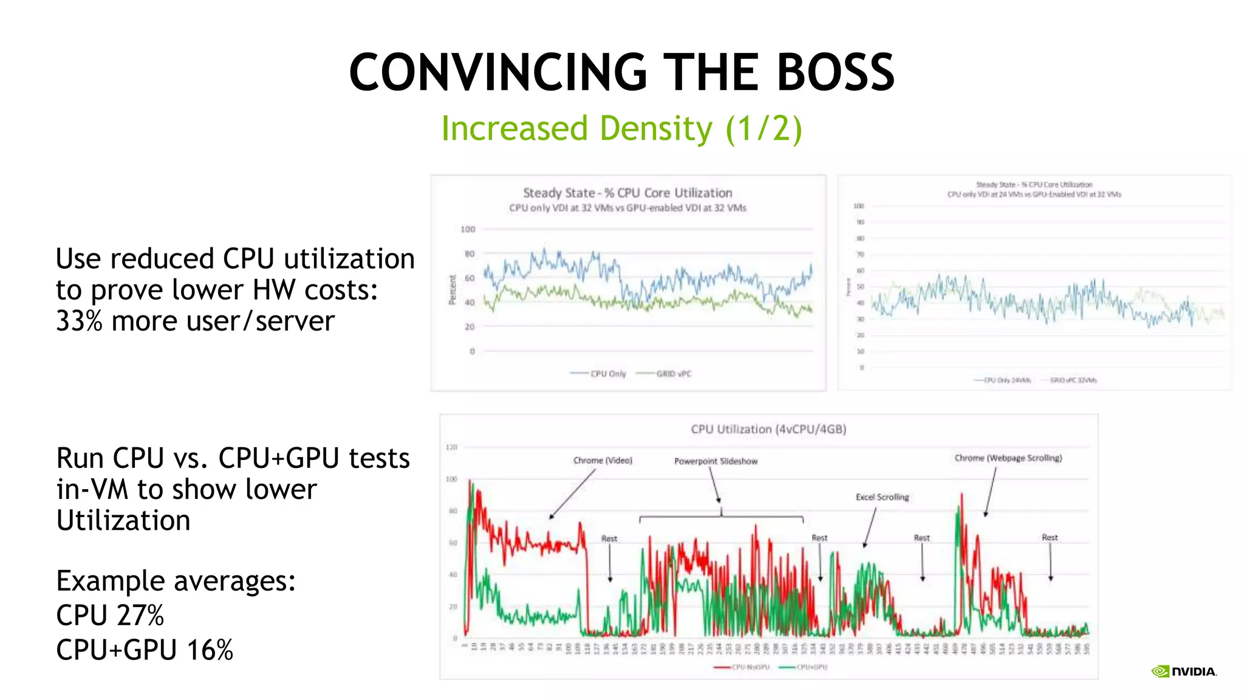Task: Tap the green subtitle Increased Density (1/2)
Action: (x=621, y=129)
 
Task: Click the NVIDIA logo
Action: (x=1184, y=671)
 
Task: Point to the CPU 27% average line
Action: (x=110, y=615)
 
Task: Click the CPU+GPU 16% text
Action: (x=145, y=650)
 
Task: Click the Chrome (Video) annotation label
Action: (x=603, y=461)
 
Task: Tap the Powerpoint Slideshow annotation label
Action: (x=716, y=461)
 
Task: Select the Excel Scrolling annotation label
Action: (x=882, y=497)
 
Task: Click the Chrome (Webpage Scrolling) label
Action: (x=1008, y=458)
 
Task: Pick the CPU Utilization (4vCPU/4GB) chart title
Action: (x=768, y=429)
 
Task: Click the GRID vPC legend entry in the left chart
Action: (x=673, y=374)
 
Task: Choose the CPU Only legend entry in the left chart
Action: (x=607, y=374)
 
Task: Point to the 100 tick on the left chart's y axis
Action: (x=468, y=229)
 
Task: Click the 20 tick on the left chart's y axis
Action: (x=470, y=327)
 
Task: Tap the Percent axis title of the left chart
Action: (x=452, y=290)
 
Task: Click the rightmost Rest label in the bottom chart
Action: (x=1050, y=537)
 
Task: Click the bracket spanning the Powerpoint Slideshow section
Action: (x=721, y=517)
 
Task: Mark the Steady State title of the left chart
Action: (x=627, y=193)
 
